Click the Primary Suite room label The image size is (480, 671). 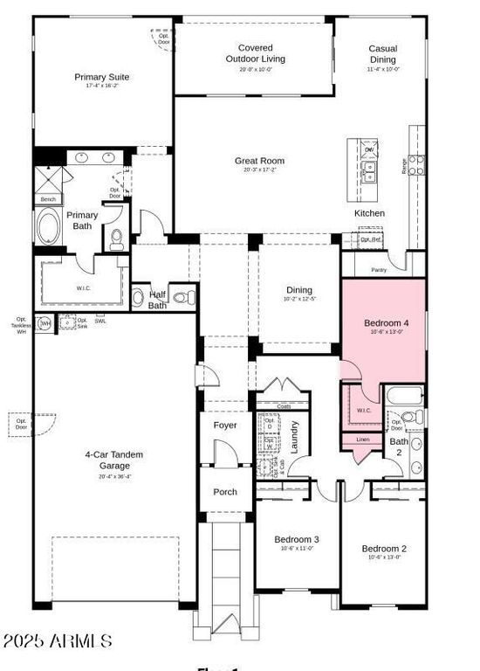tap(101, 77)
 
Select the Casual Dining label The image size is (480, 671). tap(382, 54)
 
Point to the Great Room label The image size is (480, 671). tap(259, 161)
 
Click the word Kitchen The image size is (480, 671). tap(369, 213)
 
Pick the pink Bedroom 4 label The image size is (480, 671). tap(386, 323)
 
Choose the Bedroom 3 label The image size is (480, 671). tap(297, 539)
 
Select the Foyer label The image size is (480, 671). tap(225, 425)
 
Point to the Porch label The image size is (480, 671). tap(225, 492)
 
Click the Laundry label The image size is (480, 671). tap(295, 436)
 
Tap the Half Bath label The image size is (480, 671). tap(157, 300)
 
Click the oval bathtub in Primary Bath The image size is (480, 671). tap(46, 227)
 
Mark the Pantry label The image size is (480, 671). tap(379, 270)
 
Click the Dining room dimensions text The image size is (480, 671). tap(299, 300)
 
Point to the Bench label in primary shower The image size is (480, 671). tap(48, 199)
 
